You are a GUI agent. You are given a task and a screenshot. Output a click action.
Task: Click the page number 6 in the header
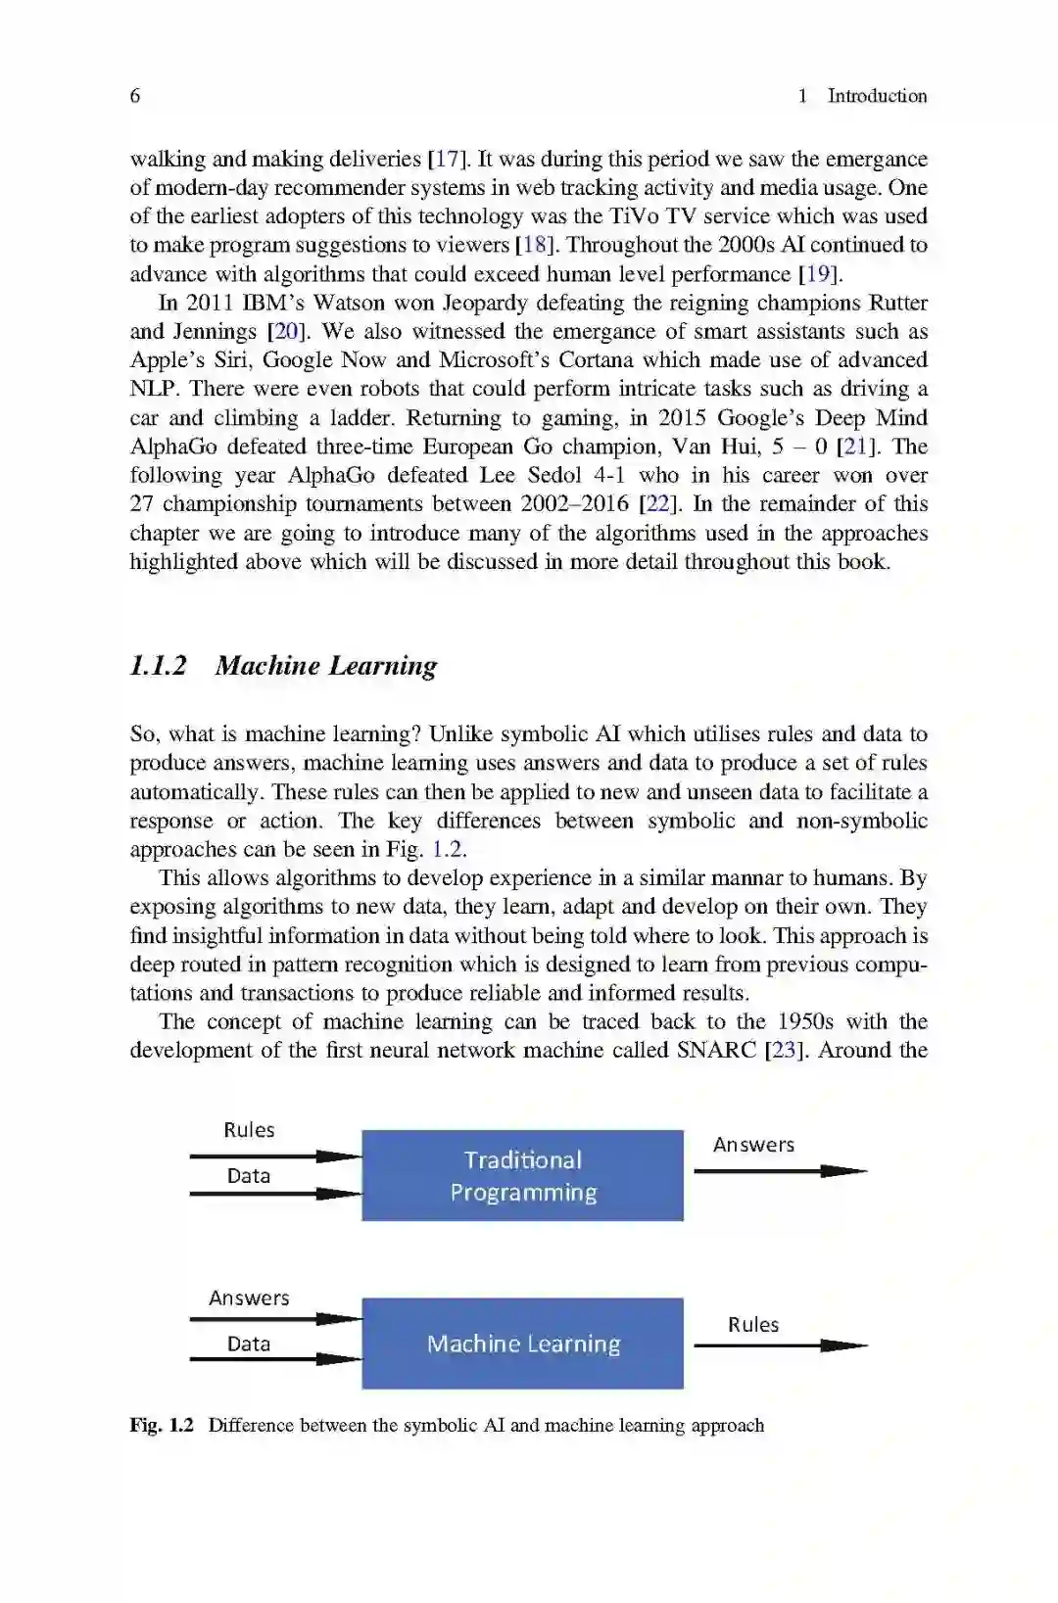[x=135, y=96]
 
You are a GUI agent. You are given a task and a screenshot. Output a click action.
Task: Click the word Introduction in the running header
[x=877, y=96]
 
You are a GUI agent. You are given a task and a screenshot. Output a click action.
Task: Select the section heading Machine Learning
[x=326, y=666]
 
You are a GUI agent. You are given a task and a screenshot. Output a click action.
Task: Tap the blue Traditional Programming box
[x=522, y=1175]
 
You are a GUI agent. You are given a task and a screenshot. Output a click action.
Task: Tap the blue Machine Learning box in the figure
[x=522, y=1344]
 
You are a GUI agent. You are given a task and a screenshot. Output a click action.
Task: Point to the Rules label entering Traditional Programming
[x=249, y=1130]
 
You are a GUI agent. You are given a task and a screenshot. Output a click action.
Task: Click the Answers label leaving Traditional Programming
[x=753, y=1145]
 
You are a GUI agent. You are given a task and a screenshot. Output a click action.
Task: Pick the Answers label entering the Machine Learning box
[x=249, y=1298]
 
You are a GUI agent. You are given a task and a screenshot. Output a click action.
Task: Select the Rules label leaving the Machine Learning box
[x=753, y=1325]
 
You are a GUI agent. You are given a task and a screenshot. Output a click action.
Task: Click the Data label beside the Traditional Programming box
[x=249, y=1176]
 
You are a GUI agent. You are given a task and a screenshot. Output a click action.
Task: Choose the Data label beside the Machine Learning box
[x=249, y=1344]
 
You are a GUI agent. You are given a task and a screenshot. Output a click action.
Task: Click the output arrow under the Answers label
[x=780, y=1171]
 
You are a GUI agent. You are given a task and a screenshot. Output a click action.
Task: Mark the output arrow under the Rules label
[x=780, y=1346]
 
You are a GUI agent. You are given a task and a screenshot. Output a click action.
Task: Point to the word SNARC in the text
[x=716, y=1051]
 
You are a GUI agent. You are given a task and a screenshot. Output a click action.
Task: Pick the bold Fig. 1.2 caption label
[x=162, y=1426]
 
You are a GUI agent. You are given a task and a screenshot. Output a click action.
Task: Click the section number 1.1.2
[x=158, y=666]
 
